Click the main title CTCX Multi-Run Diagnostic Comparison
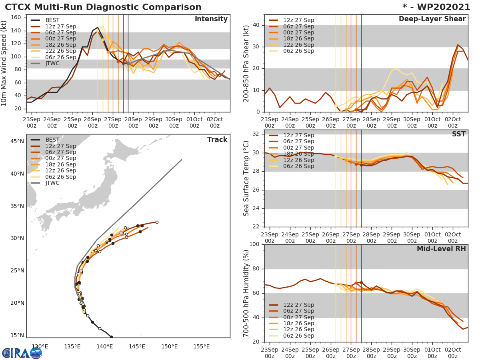(x=103, y=7)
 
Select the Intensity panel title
(x=211, y=19)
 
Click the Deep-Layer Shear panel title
(x=432, y=19)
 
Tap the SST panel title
(x=459, y=134)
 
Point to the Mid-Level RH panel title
(x=441, y=249)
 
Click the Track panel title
(x=217, y=140)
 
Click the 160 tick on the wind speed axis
(x=18, y=17)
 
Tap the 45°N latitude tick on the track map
(x=16, y=141)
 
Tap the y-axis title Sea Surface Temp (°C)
(x=247, y=178)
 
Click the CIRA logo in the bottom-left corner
(x=22, y=353)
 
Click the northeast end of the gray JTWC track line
(x=182, y=160)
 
